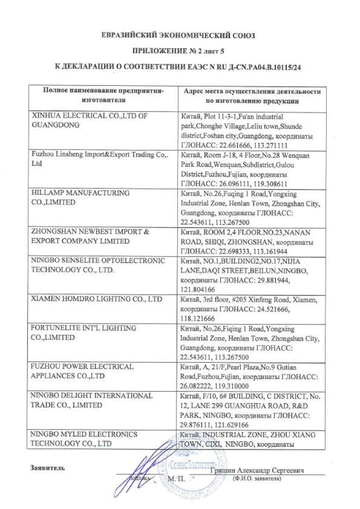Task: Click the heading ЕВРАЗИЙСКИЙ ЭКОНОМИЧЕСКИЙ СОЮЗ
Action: (180, 35)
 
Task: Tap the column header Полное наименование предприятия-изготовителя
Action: (103, 95)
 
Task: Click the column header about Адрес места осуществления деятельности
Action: (251, 95)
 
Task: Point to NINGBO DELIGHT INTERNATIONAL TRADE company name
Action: (91, 400)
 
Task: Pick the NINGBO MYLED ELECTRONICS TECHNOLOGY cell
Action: (84, 439)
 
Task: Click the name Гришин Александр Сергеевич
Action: (257, 471)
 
